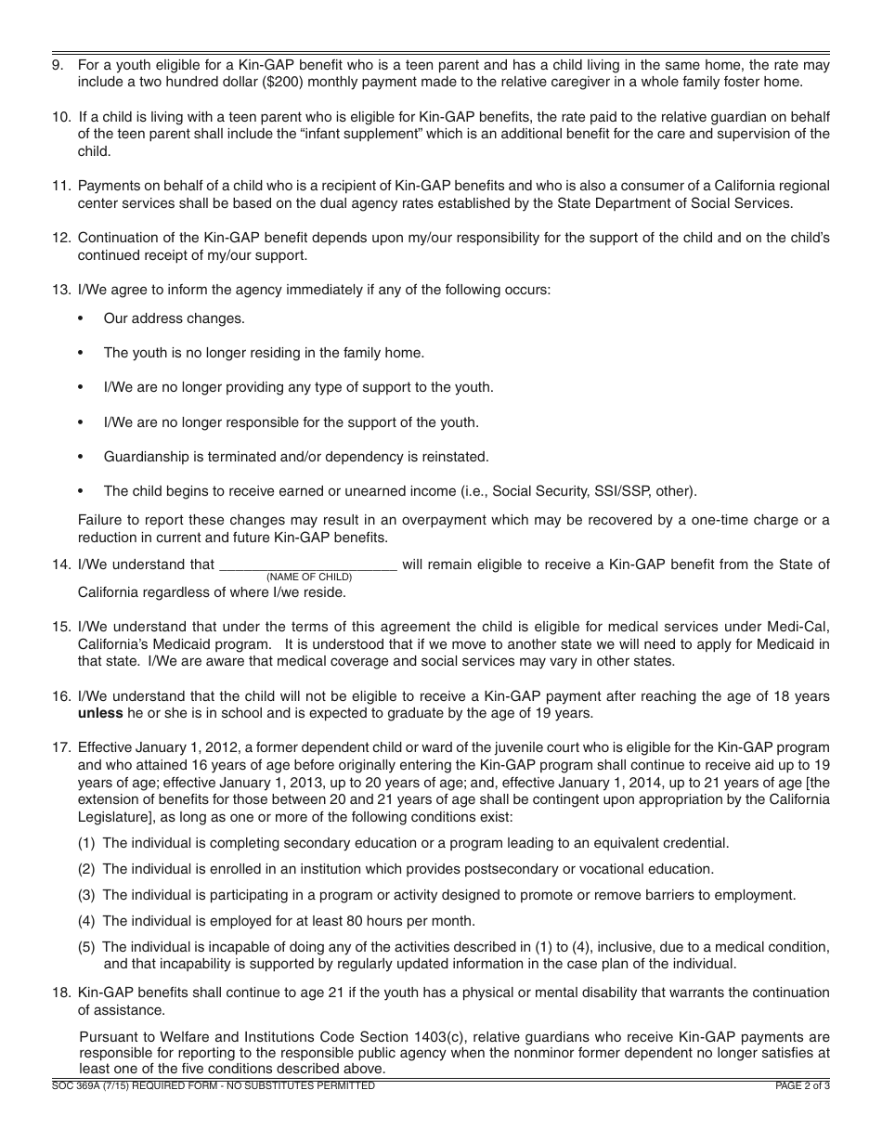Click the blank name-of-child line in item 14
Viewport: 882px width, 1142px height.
(307, 565)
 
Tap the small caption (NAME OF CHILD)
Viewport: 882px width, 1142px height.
(309, 577)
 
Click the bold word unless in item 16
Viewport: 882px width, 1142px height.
(100, 714)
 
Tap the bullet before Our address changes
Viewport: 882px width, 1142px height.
(82, 318)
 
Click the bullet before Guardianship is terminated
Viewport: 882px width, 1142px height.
(82, 457)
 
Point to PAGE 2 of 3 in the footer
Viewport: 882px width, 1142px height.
(802, 1086)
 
